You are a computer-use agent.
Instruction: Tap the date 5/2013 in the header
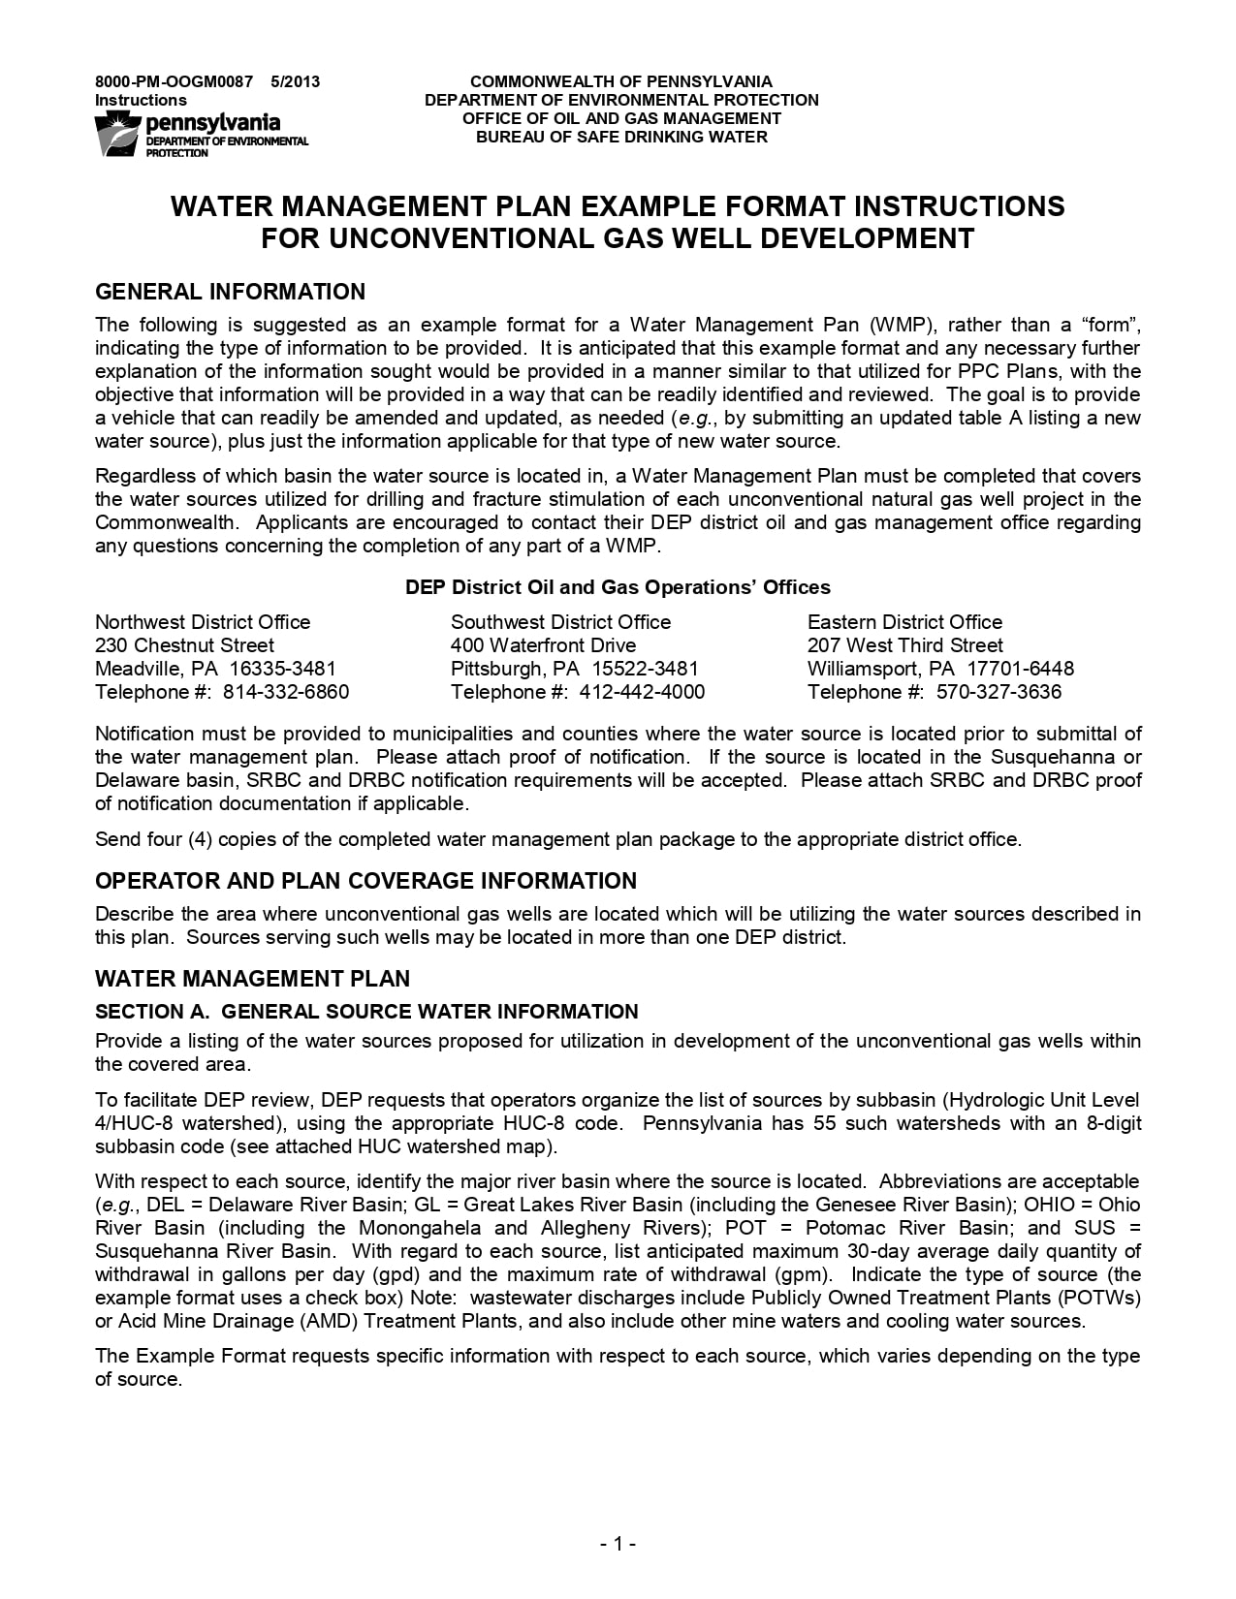296,81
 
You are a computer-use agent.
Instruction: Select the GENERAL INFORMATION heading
230,292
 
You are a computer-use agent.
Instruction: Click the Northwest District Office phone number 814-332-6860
286,692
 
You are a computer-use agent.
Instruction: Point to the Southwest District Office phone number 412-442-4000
642,692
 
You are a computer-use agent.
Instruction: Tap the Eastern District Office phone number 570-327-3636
998,692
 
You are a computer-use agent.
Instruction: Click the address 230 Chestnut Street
184,645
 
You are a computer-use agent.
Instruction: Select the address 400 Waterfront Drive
543,645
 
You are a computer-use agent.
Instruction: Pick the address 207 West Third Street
904,645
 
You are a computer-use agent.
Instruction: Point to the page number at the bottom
618,1544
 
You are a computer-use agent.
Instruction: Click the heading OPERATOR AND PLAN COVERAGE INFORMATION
365,881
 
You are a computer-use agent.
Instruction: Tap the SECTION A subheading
366,1012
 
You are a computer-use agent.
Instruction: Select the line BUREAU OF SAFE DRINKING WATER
621,137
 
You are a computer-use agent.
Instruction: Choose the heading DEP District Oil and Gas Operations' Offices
618,587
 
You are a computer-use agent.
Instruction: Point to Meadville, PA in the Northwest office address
161,669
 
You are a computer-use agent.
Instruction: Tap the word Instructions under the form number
141,100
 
